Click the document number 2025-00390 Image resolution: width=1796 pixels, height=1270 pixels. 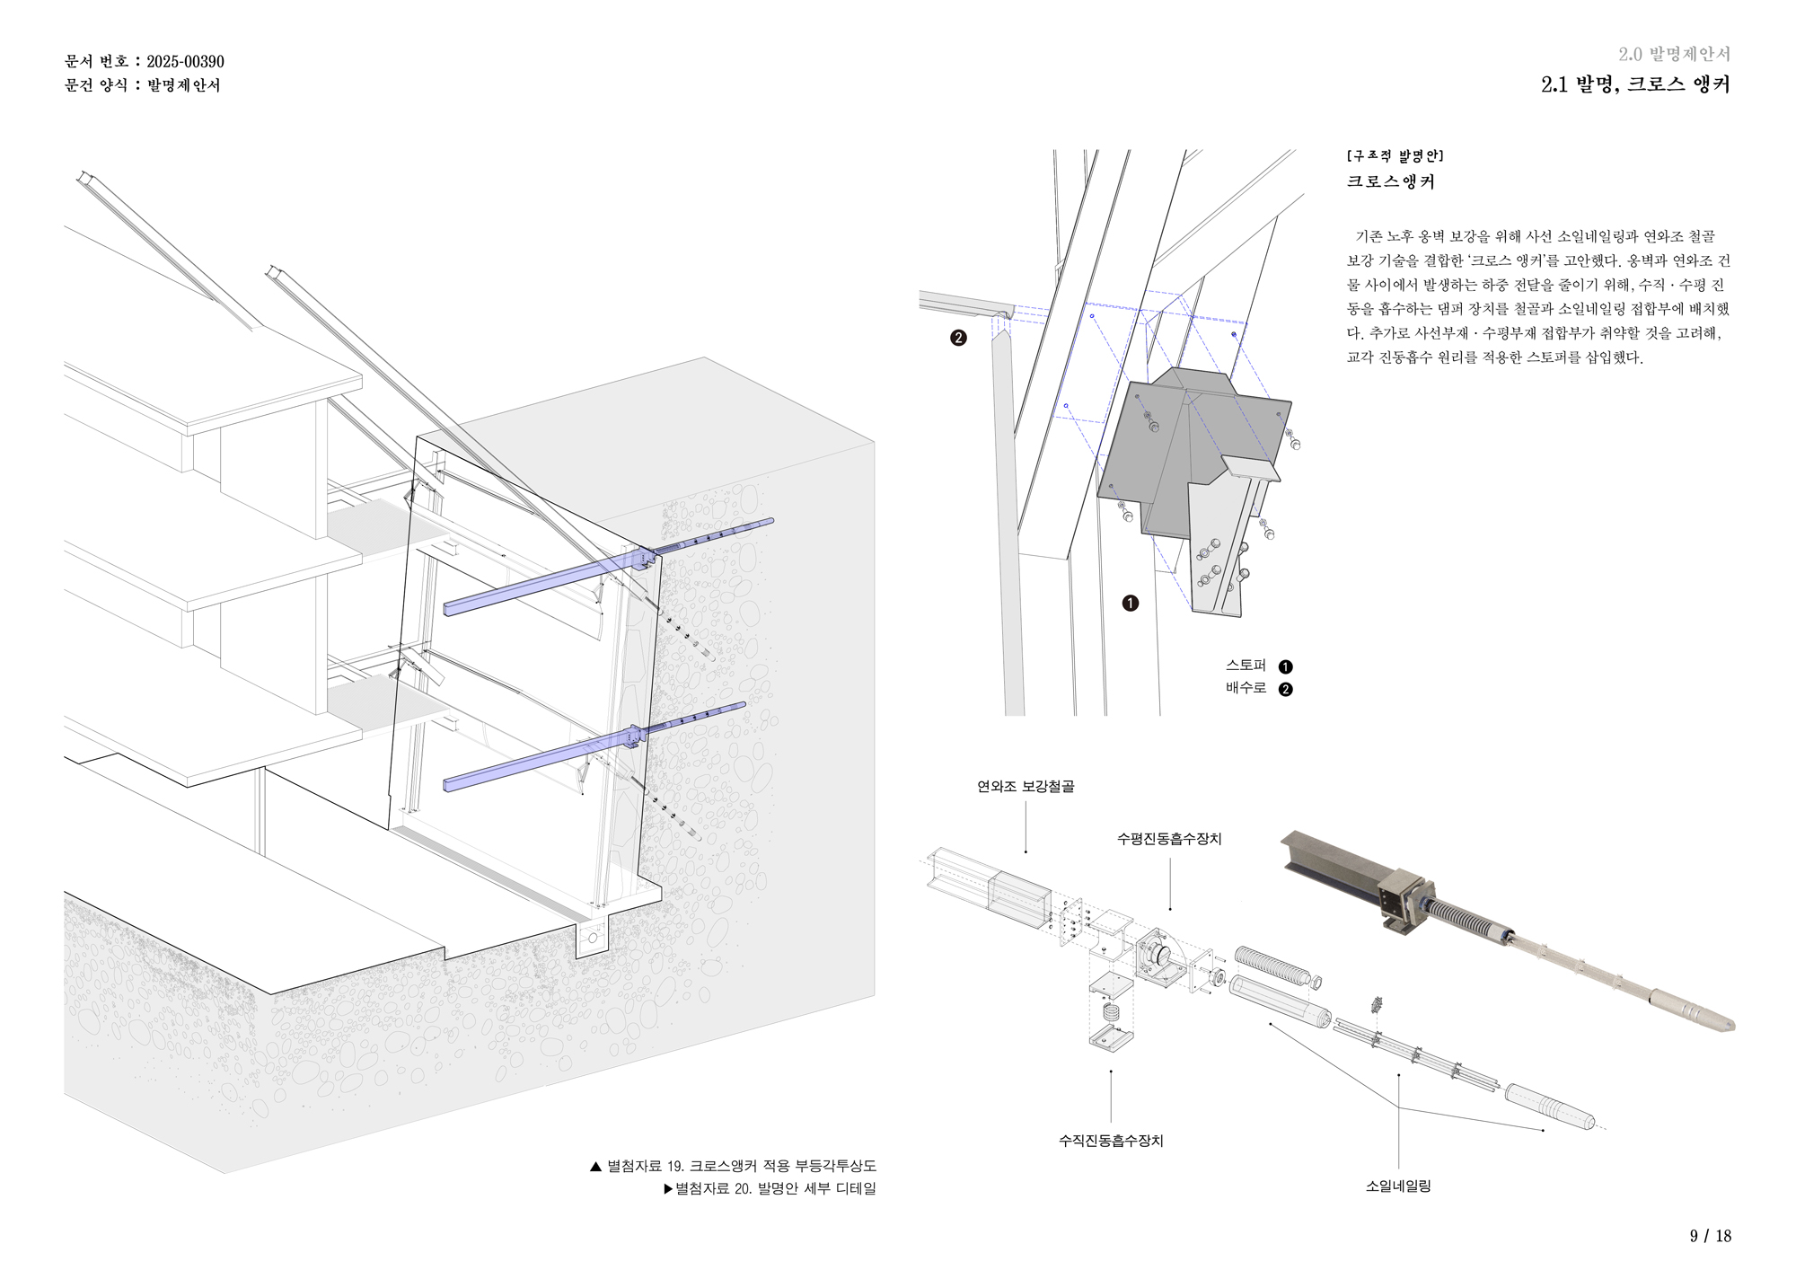click(x=185, y=62)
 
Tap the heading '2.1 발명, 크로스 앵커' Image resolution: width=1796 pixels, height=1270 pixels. click(x=1634, y=84)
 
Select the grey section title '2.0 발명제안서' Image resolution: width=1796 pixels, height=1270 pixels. click(x=1674, y=55)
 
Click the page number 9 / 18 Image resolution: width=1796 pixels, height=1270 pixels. click(x=1710, y=1236)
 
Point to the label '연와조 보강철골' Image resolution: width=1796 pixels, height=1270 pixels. click(x=1026, y=787)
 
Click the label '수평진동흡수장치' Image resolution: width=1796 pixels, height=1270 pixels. click(x=1169, y=839)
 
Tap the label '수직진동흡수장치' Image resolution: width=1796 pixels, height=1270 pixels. click(x=1111, y=1141)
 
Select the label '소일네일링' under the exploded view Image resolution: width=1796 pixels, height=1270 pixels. click(x=1398, y=1186)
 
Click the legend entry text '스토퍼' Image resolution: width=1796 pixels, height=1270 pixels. click(x=1246, y=666)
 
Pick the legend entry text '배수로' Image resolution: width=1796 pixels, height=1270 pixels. click(x=1246, y=688)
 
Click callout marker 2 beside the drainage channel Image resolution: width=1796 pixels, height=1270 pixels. click(x=958, y=339)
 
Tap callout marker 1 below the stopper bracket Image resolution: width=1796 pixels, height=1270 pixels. click(x=1130, y=604)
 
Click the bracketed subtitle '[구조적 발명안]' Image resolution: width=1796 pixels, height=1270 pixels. click(x=1395, y=156)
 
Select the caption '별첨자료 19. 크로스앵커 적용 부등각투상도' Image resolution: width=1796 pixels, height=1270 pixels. click(x=741, y=1166)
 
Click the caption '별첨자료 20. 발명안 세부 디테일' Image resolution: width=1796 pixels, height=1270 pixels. click(x=775, y=1188)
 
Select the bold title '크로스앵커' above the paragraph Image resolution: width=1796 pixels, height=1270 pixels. click(x=1390, y=182)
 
